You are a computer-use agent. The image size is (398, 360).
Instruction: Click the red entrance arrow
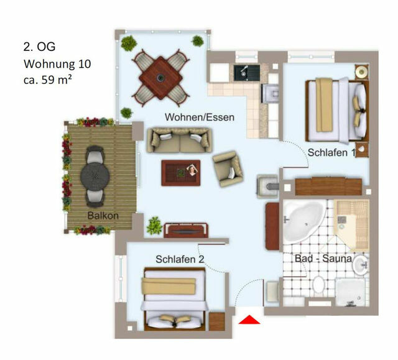249,320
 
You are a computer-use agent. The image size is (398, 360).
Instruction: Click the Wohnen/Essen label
199,117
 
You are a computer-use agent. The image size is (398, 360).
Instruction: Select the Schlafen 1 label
331,152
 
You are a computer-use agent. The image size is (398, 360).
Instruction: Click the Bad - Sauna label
323,258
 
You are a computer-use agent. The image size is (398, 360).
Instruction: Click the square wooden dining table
161,78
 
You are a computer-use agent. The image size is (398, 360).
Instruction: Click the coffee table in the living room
181,172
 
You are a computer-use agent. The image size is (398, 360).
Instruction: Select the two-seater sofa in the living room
179,140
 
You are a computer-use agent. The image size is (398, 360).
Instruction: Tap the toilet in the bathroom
318,285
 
